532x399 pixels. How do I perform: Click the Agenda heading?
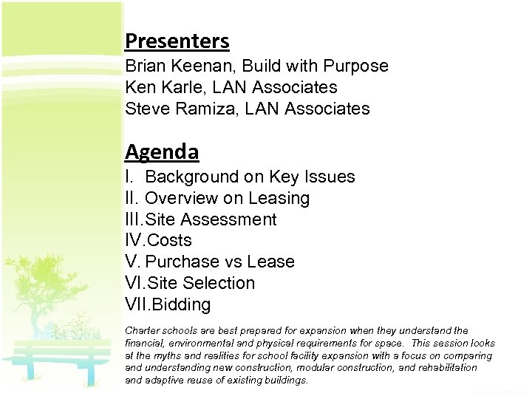tap(162, 151)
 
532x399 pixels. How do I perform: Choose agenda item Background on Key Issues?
tap(250, 177)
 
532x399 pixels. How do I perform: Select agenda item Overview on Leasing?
tap(227, 198)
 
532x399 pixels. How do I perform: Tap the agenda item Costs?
tap(169, 240)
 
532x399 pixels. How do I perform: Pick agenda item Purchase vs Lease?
tap(220, 262)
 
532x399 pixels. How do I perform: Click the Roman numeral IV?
tap(134, 240)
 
